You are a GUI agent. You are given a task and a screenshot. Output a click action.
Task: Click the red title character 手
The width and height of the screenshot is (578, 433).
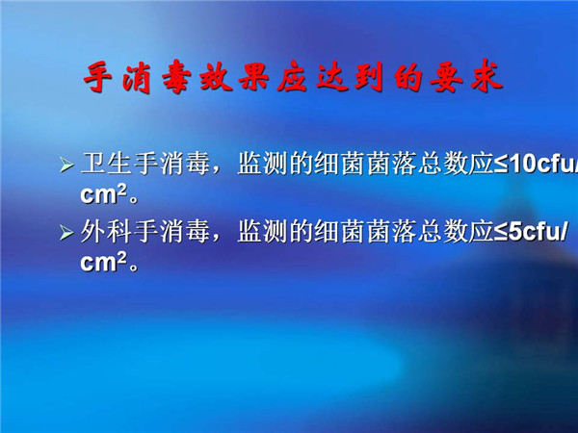coord(97,77)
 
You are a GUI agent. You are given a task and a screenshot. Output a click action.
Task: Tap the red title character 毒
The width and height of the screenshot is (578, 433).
coord(176,78)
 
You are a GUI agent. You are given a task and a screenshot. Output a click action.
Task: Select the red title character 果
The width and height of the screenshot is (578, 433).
coord(253,77)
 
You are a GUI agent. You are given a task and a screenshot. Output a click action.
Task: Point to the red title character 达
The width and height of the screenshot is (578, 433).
coord(331,77)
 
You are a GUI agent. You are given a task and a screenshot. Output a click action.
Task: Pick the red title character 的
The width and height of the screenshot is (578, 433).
coord(408,78)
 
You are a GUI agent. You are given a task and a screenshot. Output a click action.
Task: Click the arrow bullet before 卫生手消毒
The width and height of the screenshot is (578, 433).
coord(66,165)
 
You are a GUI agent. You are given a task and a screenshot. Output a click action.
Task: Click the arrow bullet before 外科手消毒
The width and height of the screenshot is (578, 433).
coord(66,233)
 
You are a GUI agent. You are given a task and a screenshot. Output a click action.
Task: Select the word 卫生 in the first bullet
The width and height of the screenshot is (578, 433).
coord(107,164)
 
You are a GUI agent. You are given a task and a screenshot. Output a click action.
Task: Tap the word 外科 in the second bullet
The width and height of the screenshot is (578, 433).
coord(107,232)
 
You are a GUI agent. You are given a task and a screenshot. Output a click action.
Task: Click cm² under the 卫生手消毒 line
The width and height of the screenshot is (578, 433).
coord(104,193)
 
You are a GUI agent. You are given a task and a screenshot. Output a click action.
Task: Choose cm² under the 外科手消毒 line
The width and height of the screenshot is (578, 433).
coord(104,262)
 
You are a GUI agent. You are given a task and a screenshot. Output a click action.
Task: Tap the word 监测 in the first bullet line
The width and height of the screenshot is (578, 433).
coord(262,164)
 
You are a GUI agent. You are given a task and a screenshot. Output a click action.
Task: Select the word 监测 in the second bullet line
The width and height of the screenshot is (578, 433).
coord(262,232)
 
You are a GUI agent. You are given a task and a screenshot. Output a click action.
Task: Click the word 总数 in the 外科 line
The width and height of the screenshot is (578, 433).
coord(442,232)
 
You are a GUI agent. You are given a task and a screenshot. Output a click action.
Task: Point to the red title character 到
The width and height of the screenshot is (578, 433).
coord(369,77)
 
